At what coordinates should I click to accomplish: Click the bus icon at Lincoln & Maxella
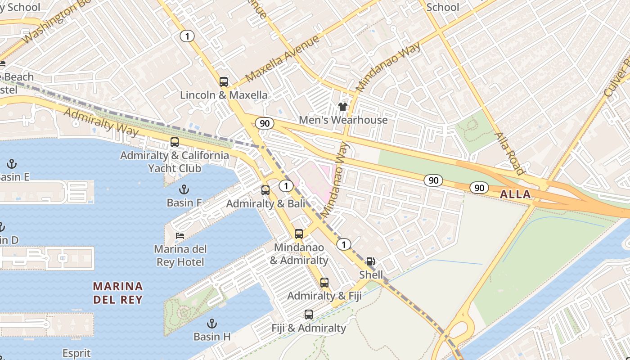coord(224,82)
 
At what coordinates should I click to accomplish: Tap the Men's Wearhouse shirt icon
coord(343,107)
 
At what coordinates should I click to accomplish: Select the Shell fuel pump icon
coord(370,261)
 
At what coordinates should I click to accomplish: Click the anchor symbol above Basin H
coord(211,323)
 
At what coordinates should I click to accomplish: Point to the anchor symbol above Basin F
coord(184,189)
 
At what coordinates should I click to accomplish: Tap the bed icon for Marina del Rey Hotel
coord(180,235)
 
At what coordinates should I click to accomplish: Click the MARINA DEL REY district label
coord(118,292)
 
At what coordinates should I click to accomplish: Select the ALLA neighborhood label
coord(515,194)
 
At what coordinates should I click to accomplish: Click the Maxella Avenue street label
coord(283,58)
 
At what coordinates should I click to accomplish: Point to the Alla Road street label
coord(509,153)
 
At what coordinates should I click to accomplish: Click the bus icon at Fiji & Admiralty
coord(308,315)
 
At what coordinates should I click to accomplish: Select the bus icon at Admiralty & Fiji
coord(324,283)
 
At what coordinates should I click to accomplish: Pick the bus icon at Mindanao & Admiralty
coord(299,234)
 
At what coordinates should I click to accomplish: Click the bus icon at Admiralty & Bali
coord(265,190)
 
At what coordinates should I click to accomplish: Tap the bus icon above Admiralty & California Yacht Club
coord(175,142)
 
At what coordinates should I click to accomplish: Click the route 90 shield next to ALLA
coord(479,187)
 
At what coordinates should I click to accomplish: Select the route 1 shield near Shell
coord(344,244)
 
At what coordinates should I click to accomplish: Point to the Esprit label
coord(76,353)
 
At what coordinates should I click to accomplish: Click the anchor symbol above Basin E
coord(12,163)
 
